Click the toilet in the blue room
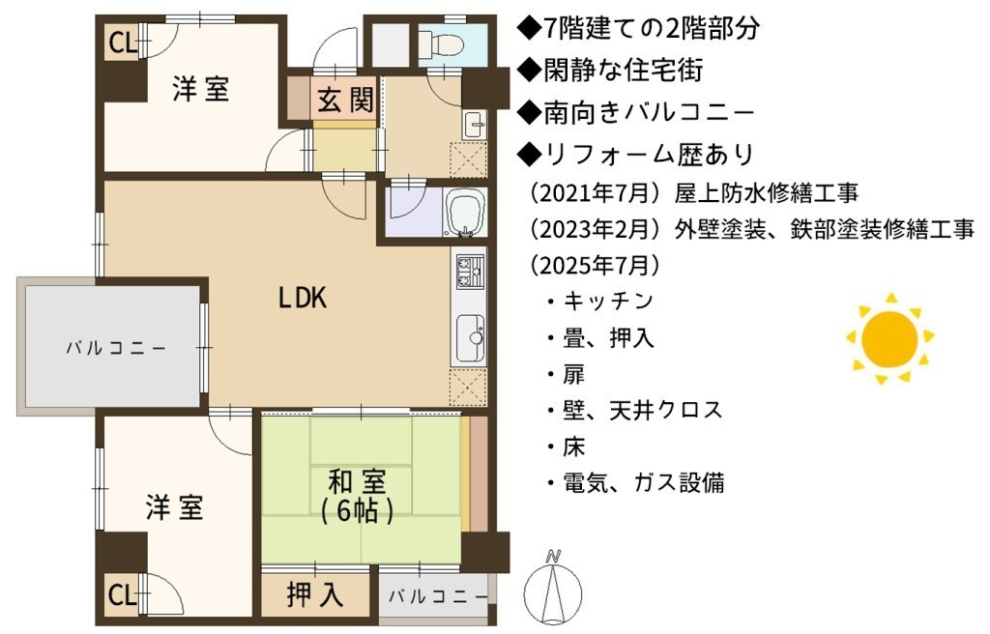pyautogui.click(x=442, y=43)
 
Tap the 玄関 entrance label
pyautogui.click(x=345, y=100)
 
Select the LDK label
pyautogui.click(x=303, y=297)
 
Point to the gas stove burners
pyautogui.click(x=470, y=271)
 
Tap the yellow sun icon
pyautogui.click(x=889, y=339)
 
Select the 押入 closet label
pyautogui.click(x=314, y=593)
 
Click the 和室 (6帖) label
pyautogui.click(x=358, y=497)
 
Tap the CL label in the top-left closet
pyautogui.click(x=123, y=43)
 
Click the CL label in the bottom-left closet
pyautogui.click(x=123, y=593)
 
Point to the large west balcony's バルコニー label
pyautogui.click(x=116, y=348)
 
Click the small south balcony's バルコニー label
pyautogui.click(x=438, y=596)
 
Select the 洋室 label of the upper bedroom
pyautogui.click(x=201, y=88)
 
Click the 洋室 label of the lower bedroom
pyautogui.click(x=174, y=507)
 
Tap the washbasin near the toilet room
pyautogui.click(x=474, y=125)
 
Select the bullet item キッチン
pyautogui.click(x=608, y=301)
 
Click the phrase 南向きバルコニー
pyautogui.click(x=649, y=112)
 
